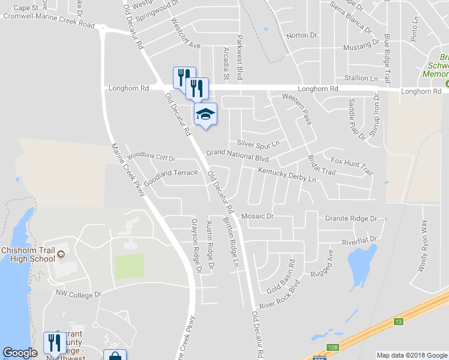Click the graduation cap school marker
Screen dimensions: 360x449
tap(205, 114)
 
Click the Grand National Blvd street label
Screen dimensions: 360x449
tap(237, 154)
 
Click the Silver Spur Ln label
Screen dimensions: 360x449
tap(258, 143)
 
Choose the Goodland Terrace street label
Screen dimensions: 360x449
tap(170, 178)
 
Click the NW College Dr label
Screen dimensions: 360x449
tap(79, 294)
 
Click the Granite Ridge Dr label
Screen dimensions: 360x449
tap(351, 219)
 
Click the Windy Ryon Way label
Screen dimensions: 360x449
tap(423, 247)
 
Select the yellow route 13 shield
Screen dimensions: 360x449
tap(398, 322)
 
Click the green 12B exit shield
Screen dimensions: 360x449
tap(333, 347)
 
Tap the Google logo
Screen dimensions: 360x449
tap(20, 353)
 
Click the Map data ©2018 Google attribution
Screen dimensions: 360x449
tap(412, 355)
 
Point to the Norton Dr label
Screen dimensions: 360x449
tap(297, 35)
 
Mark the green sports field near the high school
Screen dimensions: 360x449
tap(130, 266)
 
